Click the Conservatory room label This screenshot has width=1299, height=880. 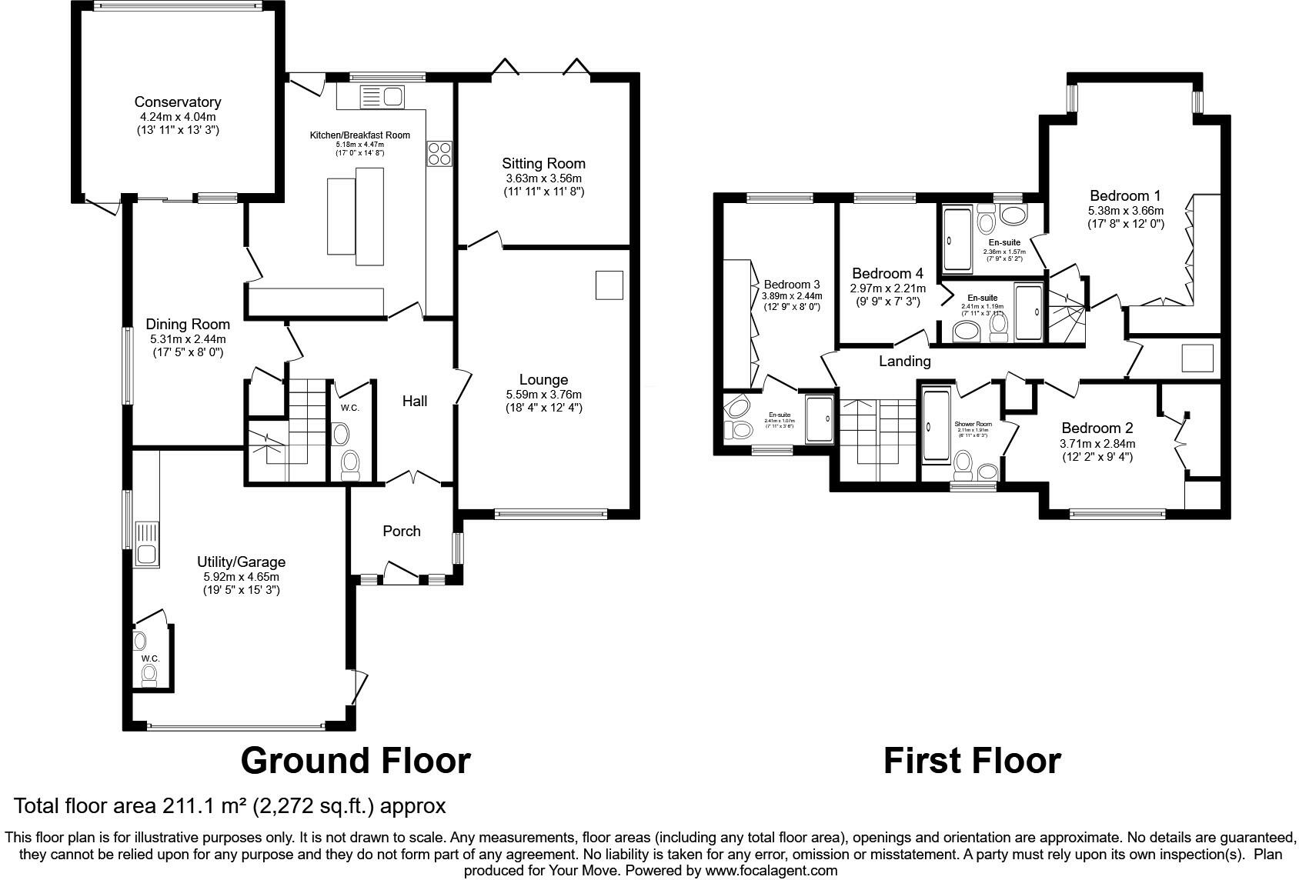pyautogui.click(x=177, y=102)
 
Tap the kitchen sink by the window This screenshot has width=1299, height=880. pyautogui.click(x=381, y=97)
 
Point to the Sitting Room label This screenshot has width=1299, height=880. pyautogui.click(x=543, y=163)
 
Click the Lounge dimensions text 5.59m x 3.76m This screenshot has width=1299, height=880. pyautogui.click(x=543, y=395)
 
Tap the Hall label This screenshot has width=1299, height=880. pyautogui.click(x=414, y=401)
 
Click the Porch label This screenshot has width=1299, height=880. pyautogui.click(x=401, y=531)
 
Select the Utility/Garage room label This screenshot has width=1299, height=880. pyautogui.click(x=241, y=562)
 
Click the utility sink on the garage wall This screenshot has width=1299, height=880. pyautogui.click(x=146, y=543)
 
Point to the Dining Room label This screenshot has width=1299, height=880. pyautogui.click(x=188, y=325)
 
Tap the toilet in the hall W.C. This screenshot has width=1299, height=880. pyautogui.click(x=350, y=462)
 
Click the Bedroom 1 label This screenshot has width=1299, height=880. pyautogui.click(x=1124, y=195)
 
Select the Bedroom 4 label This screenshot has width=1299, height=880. pyautogui.click(x=887, y=274)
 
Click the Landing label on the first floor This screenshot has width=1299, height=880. pyautogui.click(x=905, y=361)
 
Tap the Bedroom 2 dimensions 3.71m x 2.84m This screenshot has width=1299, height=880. pyautogui.click(x=1097, y=444)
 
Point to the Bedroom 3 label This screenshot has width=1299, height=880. pyautogui.click(x=791, y=284)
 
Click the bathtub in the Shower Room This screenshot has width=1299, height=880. pyautogui.click(x=936, y=425)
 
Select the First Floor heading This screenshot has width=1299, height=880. pyautogui.click(x=971, y=761)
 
